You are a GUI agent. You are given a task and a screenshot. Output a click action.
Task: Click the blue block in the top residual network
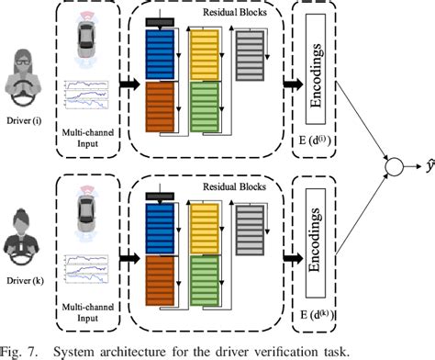[x=160, y=55]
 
